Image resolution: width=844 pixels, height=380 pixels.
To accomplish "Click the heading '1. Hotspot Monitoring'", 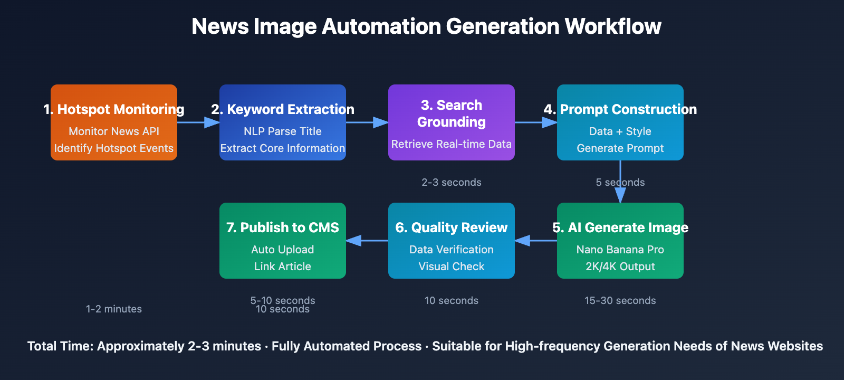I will [x=114, y=109].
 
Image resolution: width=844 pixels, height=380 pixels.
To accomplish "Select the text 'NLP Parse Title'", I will [x=282, y=131].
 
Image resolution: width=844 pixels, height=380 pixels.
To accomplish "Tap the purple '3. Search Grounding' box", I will [x=451, y=122].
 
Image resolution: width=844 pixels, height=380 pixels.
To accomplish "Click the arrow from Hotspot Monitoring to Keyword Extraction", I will [x=198, y=122].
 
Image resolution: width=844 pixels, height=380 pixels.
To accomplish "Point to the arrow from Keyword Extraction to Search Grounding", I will [x=367, y=122].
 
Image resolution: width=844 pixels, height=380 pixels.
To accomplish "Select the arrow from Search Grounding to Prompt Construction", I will [x=535, y=122].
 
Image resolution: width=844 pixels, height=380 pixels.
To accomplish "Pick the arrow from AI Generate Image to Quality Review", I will [x=535, y=241].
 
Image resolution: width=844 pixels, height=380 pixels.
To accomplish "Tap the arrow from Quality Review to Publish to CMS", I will [x=367, y=241].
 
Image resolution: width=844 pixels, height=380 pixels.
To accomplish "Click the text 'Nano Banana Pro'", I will [x=620, y=250].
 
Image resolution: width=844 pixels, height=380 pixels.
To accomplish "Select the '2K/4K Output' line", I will [x=620, y=267].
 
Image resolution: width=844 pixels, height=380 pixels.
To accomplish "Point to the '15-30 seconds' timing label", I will [x=620, y=301].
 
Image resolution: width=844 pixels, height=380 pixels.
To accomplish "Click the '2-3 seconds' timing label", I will [x=451, y=183].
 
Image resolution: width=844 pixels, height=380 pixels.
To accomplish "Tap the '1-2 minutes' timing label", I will [x=114, y=309].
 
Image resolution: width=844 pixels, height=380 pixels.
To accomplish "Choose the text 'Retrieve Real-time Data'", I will [x=451, y=144].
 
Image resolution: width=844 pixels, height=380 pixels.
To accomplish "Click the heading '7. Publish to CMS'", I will [x=282, y=227].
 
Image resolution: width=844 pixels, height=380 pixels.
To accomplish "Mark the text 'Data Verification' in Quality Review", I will [x=451, y=250].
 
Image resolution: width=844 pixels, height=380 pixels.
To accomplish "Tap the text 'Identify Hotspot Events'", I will [x=114, y=148].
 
